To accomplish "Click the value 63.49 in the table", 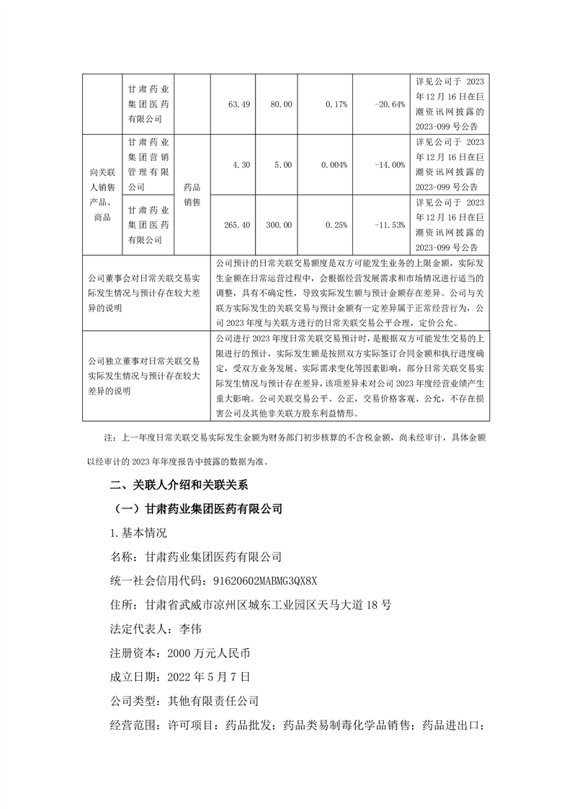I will click(238, 105).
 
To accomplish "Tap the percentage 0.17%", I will click(336, 105).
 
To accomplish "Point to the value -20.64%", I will click(390, 105).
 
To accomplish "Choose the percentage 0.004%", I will click(334, 165).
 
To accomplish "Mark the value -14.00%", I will click(390, 165).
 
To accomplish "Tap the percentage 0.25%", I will click(336, 225).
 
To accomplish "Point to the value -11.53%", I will click(390, 225).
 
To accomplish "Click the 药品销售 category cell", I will click(192, 195).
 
